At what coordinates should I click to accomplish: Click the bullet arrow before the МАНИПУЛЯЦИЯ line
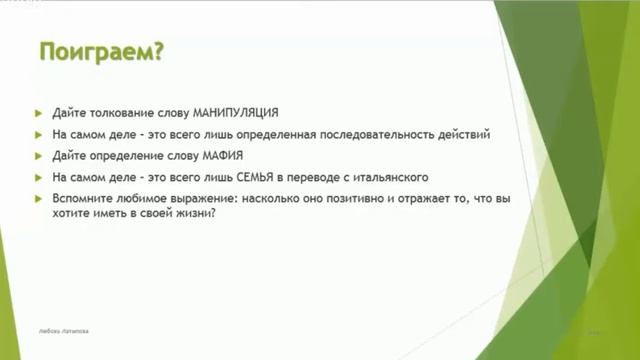click(39, 111)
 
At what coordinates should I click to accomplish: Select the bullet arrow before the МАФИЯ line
click(39, 155)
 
